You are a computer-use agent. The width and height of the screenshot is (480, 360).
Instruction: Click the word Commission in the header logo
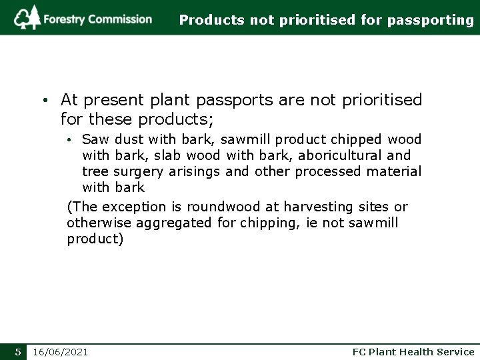point(120,19)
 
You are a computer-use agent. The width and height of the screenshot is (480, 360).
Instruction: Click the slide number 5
point(19,351)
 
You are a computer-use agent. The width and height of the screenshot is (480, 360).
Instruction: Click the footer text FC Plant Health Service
point(413,351)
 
